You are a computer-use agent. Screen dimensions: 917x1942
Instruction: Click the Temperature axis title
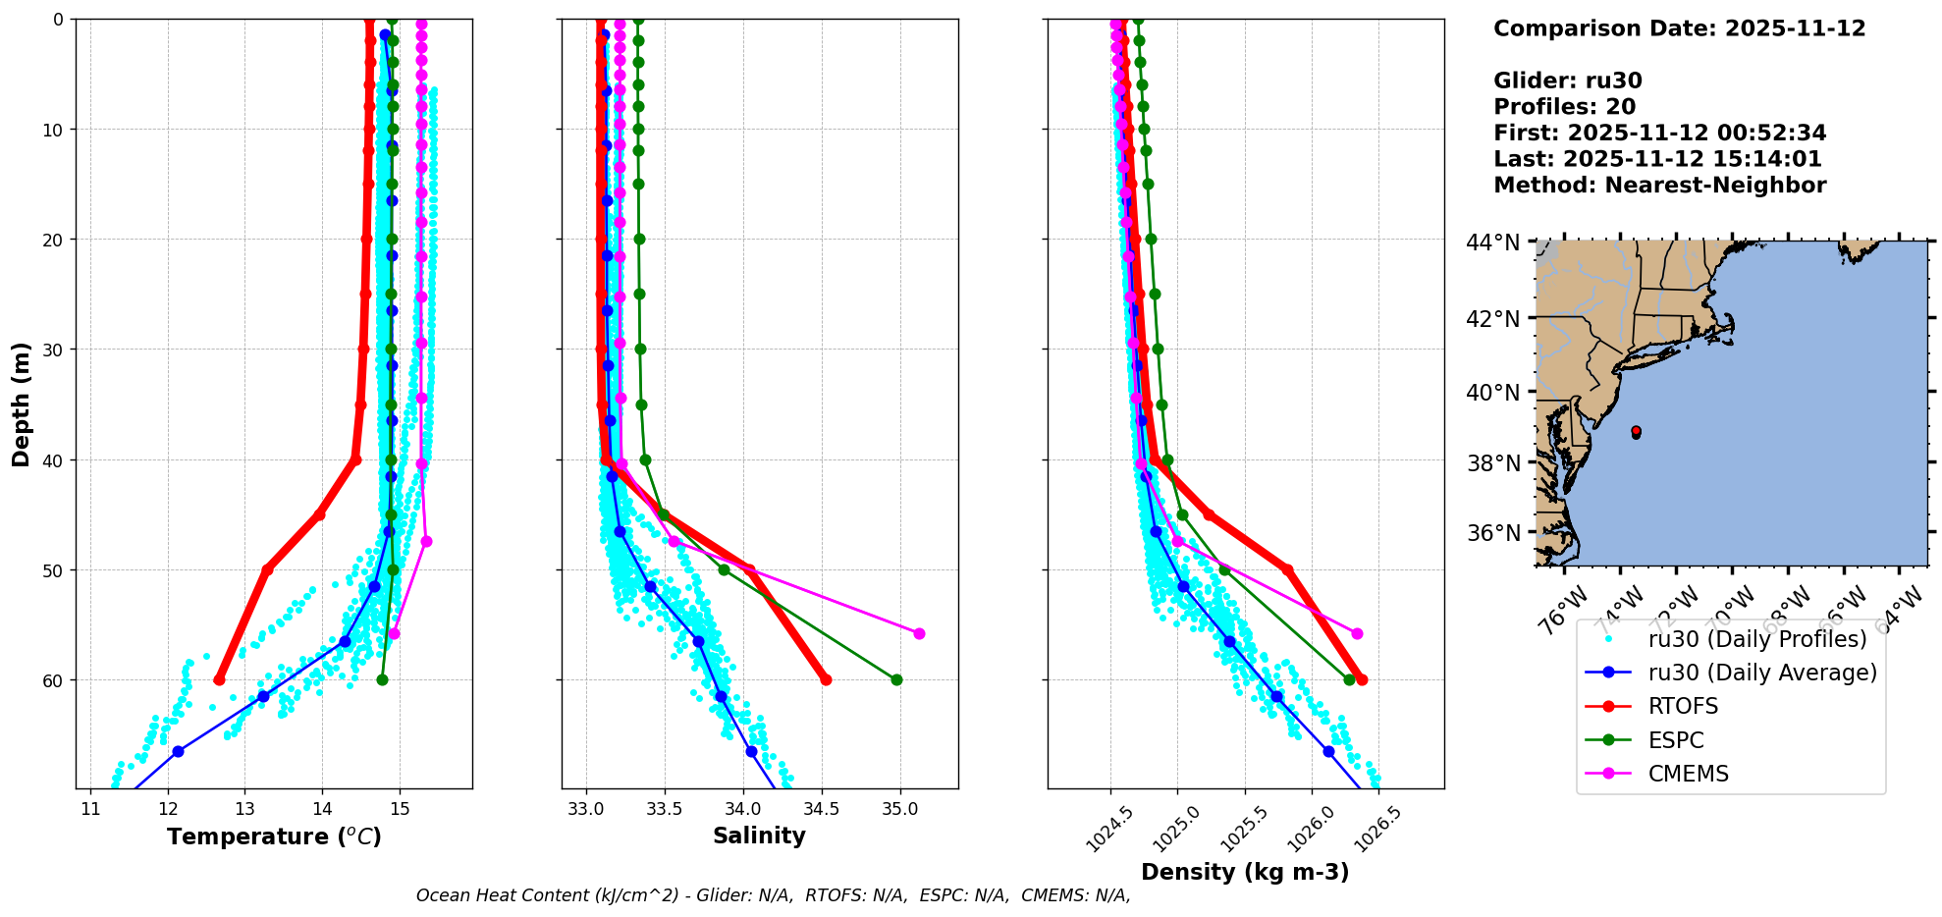click(x=274, y=836)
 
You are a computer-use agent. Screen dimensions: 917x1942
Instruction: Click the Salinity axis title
click(x=759, y=836)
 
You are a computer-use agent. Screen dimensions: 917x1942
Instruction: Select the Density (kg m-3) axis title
click(x=1244, y=872)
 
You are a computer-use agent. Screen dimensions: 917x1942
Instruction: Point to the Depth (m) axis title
click(x=22, y=404)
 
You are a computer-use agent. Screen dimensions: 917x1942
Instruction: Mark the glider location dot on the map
click(x=1636, y=431)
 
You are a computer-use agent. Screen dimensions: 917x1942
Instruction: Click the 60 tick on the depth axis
click(x=51, y=680)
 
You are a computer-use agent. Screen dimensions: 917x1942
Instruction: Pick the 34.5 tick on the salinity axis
click(x=821, y=809)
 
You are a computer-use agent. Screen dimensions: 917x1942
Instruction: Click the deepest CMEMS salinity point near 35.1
click(x=919, y=633)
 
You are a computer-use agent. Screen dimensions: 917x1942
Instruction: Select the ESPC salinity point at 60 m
click(x=896, y=679)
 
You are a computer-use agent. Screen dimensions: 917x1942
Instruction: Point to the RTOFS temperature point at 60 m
click(x=219, y=679)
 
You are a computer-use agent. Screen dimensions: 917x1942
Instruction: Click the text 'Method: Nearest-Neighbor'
click(x=1659, y=186)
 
